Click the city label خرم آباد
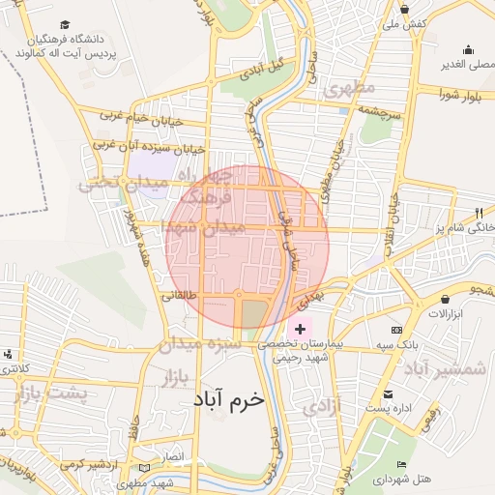[228, 398]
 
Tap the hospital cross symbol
[300, 330]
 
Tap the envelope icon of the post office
[389, 393]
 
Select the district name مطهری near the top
[350, 90]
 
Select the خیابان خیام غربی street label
[137, 116]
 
